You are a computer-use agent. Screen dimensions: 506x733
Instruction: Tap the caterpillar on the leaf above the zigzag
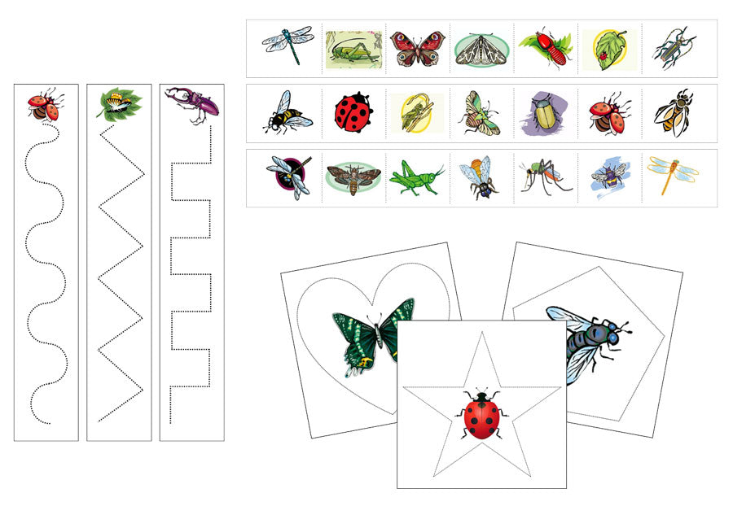(119, 103)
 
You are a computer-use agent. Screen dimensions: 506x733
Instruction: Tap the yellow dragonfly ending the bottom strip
(672, 173)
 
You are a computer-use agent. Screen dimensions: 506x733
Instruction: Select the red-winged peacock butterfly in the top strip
(417, 48)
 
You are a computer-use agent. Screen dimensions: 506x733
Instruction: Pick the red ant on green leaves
(544, 48)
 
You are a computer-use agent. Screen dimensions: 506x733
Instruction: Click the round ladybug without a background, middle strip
(353, 112)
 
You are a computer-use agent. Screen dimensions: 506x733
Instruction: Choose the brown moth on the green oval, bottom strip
(352, 177)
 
